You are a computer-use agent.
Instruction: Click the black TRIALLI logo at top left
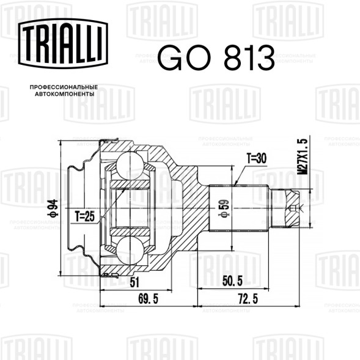tap(63, 43)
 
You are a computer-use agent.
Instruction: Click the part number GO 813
tap(216, 57)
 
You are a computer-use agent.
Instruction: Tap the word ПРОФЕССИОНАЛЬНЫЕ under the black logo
tap(64, 87)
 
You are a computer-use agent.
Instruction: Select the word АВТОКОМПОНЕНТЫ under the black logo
tap(65, 94)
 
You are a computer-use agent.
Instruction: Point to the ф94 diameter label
tap(53, 208)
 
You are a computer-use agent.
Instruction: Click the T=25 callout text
tap(85, 216)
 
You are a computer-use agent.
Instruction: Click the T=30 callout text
tap(257, 158)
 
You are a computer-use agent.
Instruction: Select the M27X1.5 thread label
tap(303, 156)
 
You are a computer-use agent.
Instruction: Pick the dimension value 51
tap(134, 282)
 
